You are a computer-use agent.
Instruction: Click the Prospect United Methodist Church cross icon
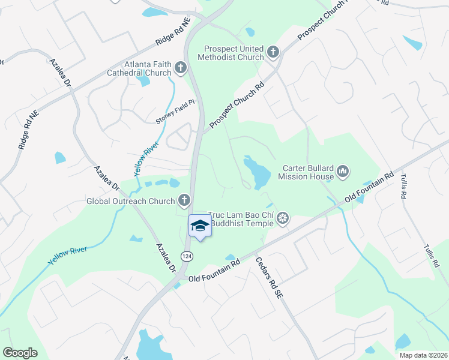273,52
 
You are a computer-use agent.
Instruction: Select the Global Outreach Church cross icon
184,200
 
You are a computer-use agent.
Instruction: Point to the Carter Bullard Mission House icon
343,172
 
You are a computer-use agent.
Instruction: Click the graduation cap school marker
200,226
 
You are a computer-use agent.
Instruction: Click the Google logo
20,353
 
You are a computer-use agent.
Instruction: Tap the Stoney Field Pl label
175,112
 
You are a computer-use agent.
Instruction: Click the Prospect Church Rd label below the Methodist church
237,107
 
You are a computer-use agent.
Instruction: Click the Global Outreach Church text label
131,201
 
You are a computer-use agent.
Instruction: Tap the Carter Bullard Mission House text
306,172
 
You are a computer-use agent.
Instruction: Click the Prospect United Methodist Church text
234,53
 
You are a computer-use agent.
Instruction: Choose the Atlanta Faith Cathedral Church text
148,69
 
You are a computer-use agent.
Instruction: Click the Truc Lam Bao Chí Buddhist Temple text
241,219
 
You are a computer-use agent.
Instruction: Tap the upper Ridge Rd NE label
173,31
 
